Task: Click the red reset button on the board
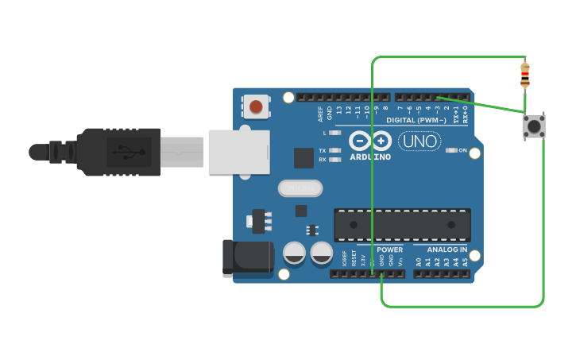click(256, 106)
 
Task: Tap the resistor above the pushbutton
click(524, 75)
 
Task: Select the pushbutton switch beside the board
click(534, 126)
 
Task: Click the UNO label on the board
click(419, 141)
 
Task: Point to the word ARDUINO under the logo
click(370, 157)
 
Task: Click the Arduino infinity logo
click(370, 141)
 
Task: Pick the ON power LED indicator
click(451, 150)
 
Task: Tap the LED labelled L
click(335, 133)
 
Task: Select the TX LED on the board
click(335, 150)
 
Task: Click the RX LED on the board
click(335, 160)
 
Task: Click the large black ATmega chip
click(402, 225)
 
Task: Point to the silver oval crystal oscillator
click(300, 188)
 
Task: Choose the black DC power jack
click(248, 257)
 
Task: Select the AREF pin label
click(320, 113)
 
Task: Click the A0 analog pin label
click(419, 261)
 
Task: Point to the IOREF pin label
click(344, 258)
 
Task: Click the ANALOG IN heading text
click(446, 250)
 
